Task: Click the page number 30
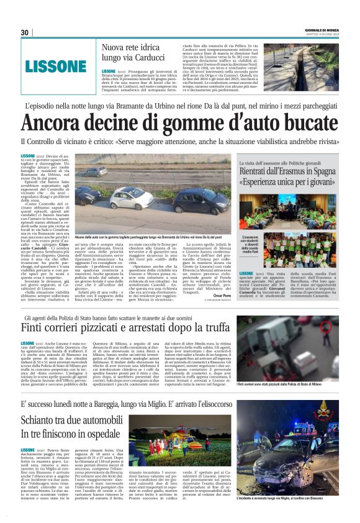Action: pos(24,32)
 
